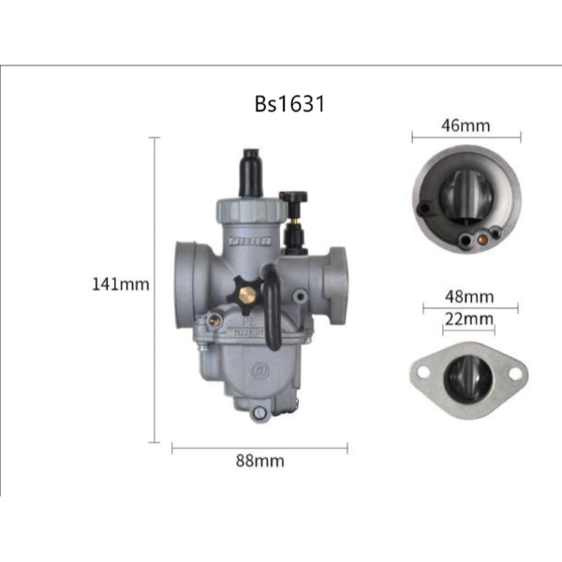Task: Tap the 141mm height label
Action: coord(121,284)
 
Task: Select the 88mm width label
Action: coord(259,461)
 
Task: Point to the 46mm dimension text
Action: coord(466,125)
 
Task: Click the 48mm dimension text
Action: coord(469,297)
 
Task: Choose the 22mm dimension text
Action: coord(468,318)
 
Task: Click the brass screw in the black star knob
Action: coord(246,295)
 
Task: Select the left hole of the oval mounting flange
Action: coord(423,372)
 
